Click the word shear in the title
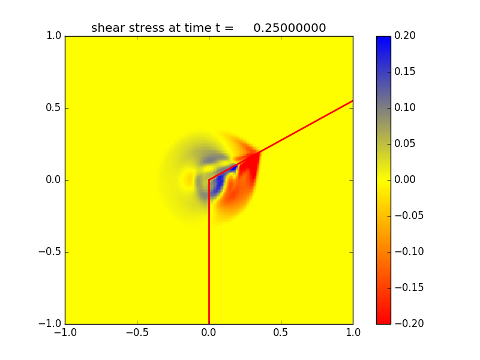tap(106, 28)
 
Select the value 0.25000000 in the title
tap(289, 28)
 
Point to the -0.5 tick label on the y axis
tap(50, 252)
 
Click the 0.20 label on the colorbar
tap(406, 36)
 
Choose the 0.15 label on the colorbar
tap(406, 72)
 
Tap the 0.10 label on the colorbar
tap(406, 108)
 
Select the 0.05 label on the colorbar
tap(406, 144)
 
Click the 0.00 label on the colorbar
tap(406, 180)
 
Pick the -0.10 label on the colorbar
tap(408, 251)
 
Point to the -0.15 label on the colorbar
tap(408, 287)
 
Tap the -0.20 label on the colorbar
tap(408, 323)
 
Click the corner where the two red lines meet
tap(209, 180)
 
